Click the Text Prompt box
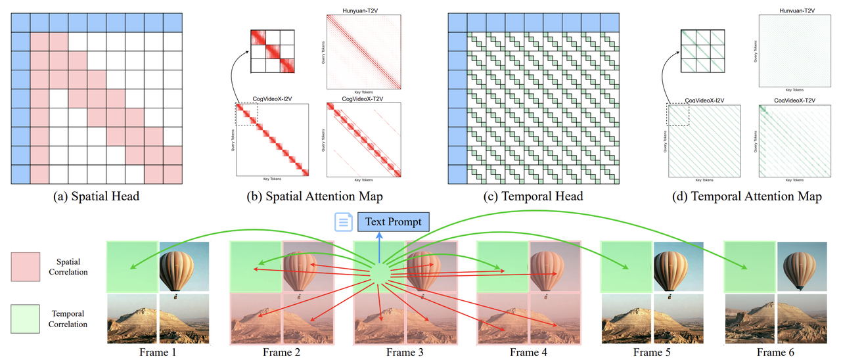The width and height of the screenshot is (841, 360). click(393, 221)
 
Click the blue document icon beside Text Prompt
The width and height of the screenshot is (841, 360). click(343, 222)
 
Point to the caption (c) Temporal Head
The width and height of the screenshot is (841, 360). click(533, 196)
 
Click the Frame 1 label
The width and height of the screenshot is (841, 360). click(158, 352)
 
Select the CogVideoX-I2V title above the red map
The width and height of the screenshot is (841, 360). click(272, 99)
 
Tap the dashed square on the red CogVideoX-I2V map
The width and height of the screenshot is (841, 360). click(247, 114)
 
